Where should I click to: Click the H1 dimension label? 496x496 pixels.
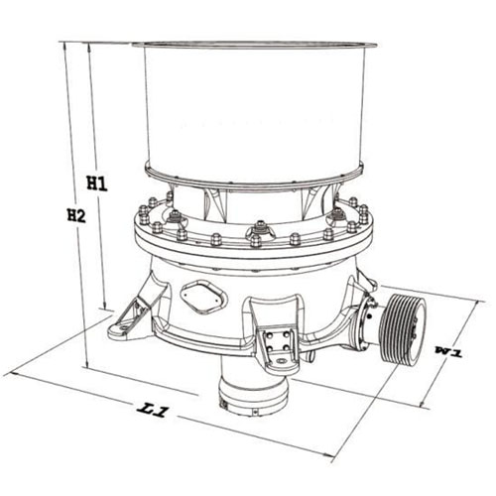[x=97, y=184]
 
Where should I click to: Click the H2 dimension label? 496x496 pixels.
[x=76, y=215]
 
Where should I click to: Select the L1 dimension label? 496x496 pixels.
[x=153, y=410]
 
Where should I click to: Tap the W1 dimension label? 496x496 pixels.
[x=449, y=351]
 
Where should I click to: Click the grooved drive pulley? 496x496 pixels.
[x=402, y=329]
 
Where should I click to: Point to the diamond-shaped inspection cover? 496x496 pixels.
[x=203, y=297]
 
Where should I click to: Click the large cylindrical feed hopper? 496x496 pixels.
[x=255, y=112]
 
